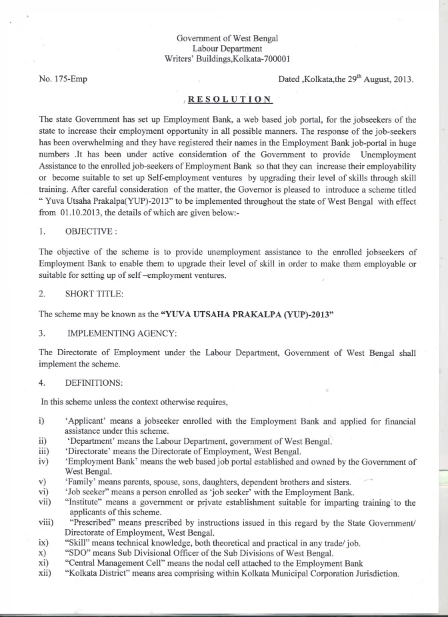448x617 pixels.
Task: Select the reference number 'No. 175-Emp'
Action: coord(63,80)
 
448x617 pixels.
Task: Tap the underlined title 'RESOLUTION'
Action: coord(229,100)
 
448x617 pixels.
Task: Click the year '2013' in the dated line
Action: coord(399,80)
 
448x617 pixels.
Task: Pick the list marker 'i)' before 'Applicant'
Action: coord(43,422)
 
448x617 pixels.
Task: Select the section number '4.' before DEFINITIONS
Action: coord(43,384)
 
